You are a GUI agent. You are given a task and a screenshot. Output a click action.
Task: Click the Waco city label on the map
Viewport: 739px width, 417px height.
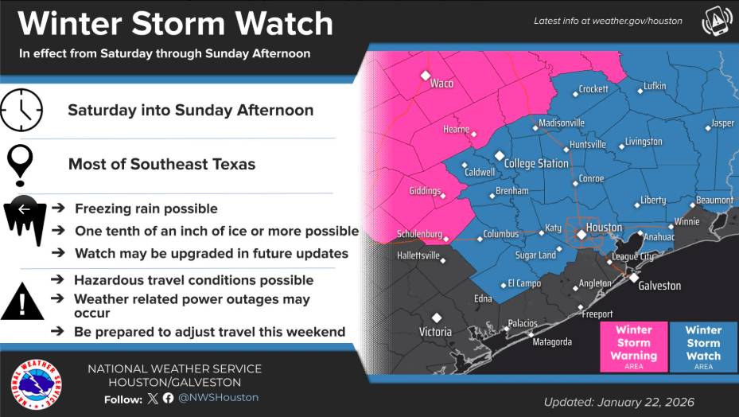click(441, 84)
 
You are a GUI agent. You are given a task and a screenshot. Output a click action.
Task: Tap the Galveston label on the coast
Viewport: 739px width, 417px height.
click(659, 286)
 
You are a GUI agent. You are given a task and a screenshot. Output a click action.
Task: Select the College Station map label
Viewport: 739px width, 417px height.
click(536, 164)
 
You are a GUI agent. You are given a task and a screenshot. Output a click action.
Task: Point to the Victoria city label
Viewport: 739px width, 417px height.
click(435, 332)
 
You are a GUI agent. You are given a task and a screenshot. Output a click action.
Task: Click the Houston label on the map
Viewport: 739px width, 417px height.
click(603, 228)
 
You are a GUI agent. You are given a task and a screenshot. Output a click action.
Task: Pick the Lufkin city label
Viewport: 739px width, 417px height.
click(655, 86)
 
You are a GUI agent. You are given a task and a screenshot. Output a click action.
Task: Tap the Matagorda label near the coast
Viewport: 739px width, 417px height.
click(552, 342)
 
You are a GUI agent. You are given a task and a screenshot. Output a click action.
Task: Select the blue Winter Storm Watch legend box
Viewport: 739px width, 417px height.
click(703, 346)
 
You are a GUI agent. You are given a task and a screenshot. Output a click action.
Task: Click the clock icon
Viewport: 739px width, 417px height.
click(21, 110)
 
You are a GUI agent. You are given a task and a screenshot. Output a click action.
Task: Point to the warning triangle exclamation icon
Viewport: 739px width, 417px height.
click(22, 303)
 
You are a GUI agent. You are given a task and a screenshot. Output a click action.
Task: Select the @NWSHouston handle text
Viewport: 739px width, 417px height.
click(218, 398)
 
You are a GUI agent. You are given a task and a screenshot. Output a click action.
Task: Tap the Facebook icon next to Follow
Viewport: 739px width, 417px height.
click(168, 398)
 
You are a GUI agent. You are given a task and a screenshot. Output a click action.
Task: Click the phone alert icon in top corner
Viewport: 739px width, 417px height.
click(716, 21)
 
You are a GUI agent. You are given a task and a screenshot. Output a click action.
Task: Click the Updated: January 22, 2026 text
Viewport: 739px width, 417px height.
click(619, 402)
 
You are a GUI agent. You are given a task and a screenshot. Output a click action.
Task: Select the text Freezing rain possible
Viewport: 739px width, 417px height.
click(146, 208)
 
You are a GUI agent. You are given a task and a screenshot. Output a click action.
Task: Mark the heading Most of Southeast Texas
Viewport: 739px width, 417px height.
click(161, 165)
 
